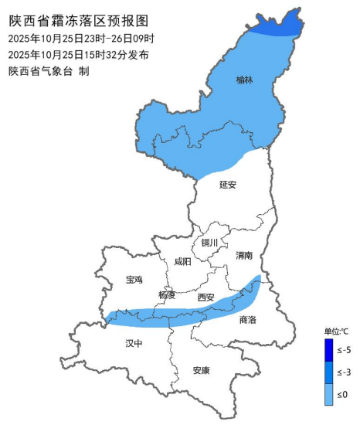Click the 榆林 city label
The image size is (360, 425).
point(244,80)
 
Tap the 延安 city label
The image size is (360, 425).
point(227,185)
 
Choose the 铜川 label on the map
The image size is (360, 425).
point(210,243)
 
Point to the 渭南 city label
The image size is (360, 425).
point(245,254)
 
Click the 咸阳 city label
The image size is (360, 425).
point(182,261)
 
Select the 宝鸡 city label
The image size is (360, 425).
point(134,280)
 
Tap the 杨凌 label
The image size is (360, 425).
point(167,294)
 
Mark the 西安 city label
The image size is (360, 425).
point(205,297)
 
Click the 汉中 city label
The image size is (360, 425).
point(134,343)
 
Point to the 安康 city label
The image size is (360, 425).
point(201,370)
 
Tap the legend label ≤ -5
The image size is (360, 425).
point(344,350)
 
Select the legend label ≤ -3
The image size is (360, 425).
point(344,372)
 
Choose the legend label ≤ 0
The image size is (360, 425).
point(344,395)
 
